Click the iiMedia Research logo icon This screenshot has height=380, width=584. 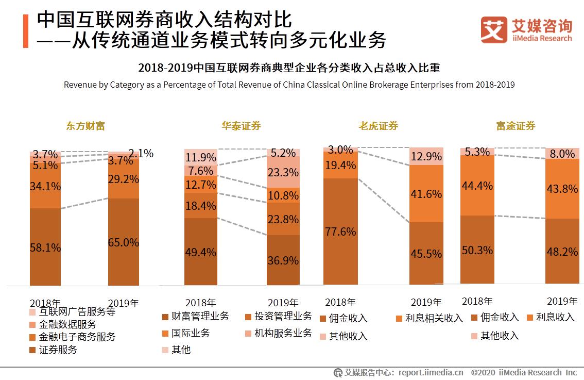click(x=494, y=30)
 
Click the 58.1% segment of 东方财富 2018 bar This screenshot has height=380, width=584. click(x=45, y=246)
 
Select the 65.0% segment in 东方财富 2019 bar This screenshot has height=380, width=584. click(x=124, y=241)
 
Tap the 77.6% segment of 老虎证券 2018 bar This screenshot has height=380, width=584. click(x=340, y=231)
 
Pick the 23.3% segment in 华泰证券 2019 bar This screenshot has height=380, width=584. click(x=283, y=172)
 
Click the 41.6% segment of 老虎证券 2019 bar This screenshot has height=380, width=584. click(x=426, y=193)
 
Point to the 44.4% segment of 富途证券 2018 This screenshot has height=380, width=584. click(x=477, y=185)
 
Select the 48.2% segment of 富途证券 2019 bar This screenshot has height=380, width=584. click(x=562, y=251)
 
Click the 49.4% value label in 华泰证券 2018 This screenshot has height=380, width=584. click(x=201, y=252)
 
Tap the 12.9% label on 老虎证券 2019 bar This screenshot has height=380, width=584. click(x=426, y=156)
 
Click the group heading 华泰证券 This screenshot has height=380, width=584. click(x=241, y=126)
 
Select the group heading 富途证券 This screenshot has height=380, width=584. click(x=516, y=126)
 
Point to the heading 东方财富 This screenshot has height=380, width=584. click(x=85, y=126)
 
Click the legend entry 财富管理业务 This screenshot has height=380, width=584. click(x=200, y=316)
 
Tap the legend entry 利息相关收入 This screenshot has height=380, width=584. click(x=434, y=318)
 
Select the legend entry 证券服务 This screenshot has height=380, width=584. click(x=58, y=350)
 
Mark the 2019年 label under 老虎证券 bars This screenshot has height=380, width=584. click(x=426, y=302)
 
